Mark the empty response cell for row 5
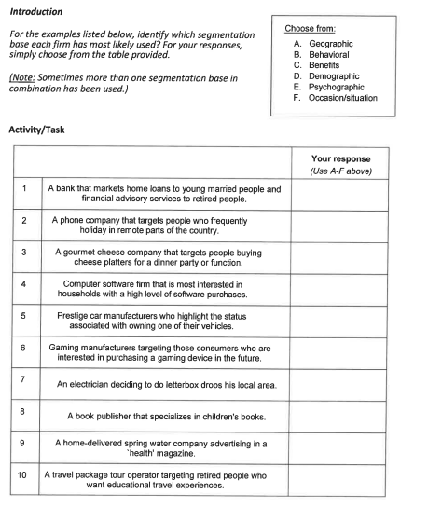click(352, 322)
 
